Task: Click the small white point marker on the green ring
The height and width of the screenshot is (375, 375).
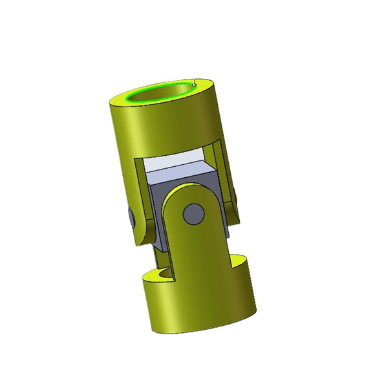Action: [x=195, y=83]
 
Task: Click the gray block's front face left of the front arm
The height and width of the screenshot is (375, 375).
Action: [x=155, y=207]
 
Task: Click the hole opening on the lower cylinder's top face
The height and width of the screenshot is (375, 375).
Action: [x=165, y=274]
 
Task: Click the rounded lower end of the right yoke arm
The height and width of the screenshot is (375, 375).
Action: [x=233, y=217]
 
